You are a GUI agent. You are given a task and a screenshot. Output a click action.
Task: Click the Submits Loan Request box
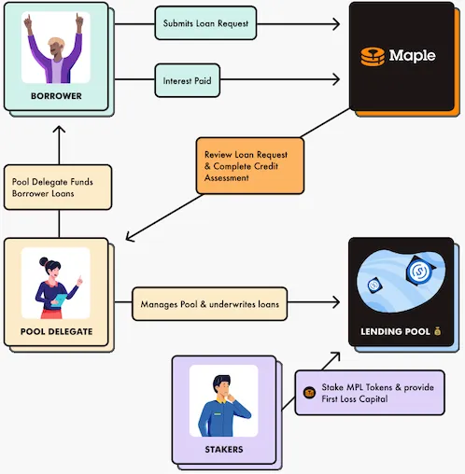tap(205, 23)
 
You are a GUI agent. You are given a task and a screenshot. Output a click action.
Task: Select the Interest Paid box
tap(188, 80)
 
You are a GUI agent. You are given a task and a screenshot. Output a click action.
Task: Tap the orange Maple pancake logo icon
tap(373, 57)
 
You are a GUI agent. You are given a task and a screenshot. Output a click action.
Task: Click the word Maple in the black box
tap(412, 56)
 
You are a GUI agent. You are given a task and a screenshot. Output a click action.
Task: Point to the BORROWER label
tap(56, 96)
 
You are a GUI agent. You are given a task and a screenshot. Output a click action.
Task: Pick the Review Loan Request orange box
tap(250, 166)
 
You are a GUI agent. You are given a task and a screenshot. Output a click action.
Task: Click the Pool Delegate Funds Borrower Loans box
tap(58, 188)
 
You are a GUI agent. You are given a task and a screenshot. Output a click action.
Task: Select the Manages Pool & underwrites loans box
tap(209, 304)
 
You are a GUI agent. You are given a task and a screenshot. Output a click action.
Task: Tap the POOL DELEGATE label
tap(57, 331)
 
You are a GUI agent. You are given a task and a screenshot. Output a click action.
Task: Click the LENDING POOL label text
tap(395, 331)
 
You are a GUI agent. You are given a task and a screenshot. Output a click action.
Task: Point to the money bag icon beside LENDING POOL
tap(437, 331)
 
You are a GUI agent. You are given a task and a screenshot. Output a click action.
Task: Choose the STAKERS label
tap(224, 449)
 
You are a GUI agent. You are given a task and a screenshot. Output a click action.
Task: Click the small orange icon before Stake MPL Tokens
tap(309, 393)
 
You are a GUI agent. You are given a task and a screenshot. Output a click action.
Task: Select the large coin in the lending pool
tap(420, 271)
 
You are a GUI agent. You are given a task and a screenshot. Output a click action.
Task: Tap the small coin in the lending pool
tap(373, 285)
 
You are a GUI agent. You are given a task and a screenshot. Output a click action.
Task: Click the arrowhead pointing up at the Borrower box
tap(59, 130)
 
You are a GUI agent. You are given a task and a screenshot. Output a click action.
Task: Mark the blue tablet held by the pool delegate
tap(59, 300)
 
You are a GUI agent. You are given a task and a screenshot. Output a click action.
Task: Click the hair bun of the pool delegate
tap(43, 261)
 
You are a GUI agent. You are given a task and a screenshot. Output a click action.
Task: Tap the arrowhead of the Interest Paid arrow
tap(336, 79)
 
